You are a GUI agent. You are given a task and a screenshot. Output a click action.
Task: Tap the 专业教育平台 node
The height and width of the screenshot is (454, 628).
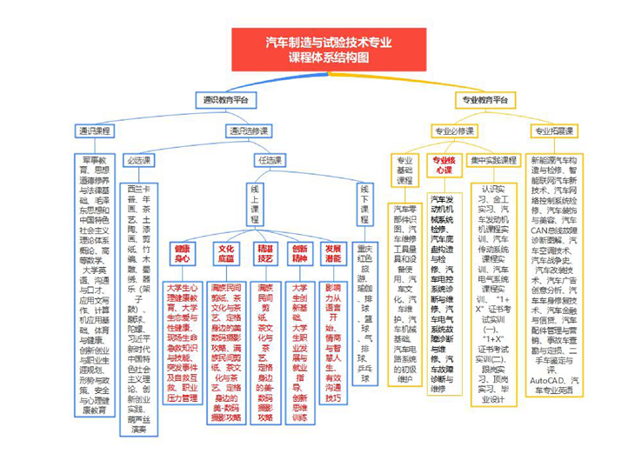(x=484, y=100)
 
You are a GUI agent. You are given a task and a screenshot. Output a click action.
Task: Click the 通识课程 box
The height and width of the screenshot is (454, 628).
(x=95, y=130)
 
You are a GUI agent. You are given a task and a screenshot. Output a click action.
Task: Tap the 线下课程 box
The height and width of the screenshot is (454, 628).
(x=364, y=205)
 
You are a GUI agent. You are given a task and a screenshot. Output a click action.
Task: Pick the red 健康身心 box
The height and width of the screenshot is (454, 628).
(x=182, y=253)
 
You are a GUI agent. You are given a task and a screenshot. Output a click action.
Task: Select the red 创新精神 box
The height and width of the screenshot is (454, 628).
(x=299, y=253)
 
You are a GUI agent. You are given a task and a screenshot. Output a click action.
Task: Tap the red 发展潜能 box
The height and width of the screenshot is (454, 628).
(x=332, y=253)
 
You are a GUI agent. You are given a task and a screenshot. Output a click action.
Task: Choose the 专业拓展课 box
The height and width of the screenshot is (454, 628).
(x=552, y=130)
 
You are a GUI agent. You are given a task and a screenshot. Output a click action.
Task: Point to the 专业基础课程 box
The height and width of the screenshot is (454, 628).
(x=404, y=169)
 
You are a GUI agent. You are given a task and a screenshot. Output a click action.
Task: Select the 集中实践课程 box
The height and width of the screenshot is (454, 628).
(x=493, y=160)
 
